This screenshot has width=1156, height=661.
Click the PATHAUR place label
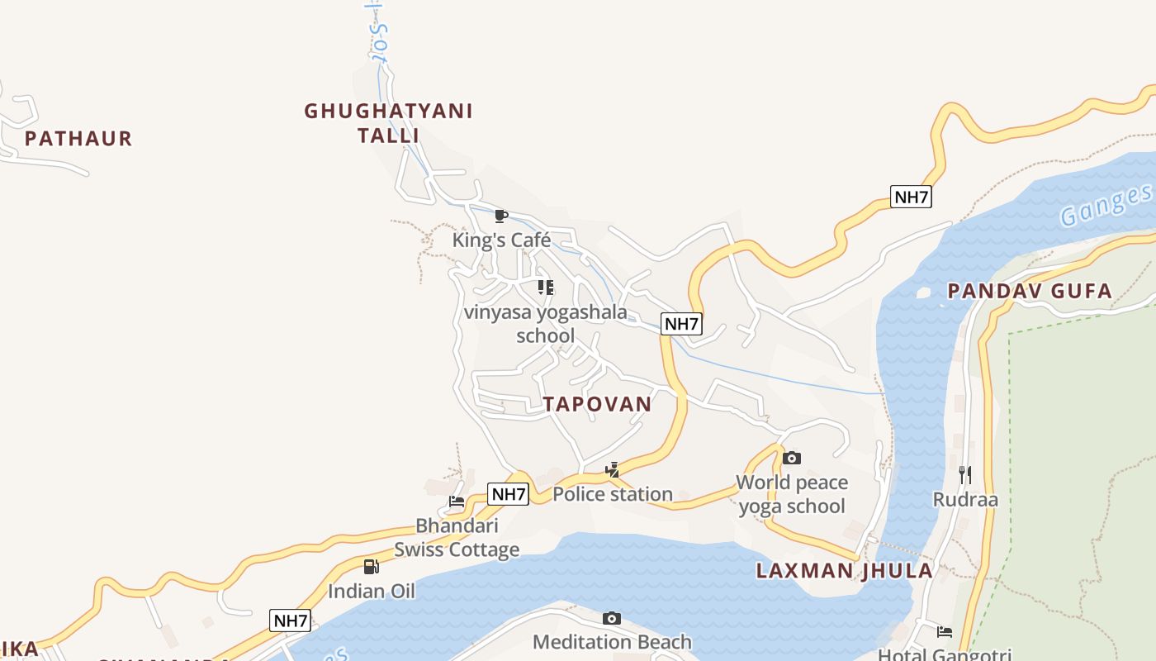(x=78, y=138)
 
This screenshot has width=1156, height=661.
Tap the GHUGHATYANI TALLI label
(x=388, y=122)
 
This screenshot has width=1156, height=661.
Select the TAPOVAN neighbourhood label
(x=597, y=404)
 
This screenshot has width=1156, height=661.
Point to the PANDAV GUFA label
(x=1030, y=291)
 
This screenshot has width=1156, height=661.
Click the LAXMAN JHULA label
(x=845, y=571)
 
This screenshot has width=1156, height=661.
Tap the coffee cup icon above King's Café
(x=500, y=216)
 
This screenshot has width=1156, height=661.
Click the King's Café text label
(x=501, y=240)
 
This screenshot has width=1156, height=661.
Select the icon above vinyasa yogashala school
(x=545, y=288)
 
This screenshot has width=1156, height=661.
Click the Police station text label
(x=613, y=494)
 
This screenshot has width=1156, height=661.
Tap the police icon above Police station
(x=612, y=470)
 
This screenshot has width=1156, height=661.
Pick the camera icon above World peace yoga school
(x=792, y=458)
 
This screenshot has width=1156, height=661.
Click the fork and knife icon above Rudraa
(x=964, y=474)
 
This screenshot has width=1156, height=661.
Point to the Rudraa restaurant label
(x=965, y=499)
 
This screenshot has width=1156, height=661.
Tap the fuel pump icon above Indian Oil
(x=372, y=567)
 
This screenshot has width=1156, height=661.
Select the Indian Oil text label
(x=372, y=592)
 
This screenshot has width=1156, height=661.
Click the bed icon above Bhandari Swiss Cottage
(x=457, y=501)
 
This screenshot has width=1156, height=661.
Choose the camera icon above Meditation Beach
(x=612, y=618)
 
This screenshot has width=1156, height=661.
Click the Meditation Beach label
(x=612, y=642)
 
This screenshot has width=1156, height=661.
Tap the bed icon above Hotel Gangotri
(x=945, y=632)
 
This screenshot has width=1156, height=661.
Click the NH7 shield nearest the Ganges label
(x=911, y=197)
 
